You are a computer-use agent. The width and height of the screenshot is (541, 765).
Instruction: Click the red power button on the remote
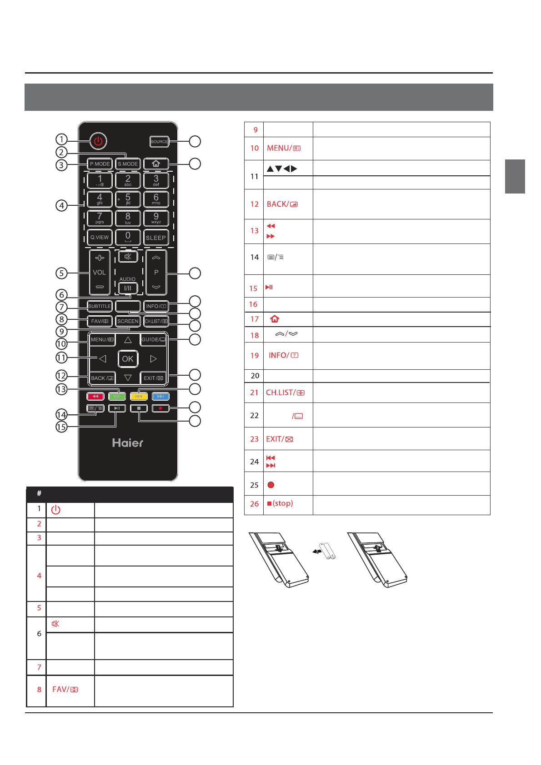(x=98, y=141)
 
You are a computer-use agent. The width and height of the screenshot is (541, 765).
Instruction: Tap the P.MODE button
(x=100, y=164)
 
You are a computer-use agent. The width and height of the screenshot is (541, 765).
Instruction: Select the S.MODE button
(x=128, y=164)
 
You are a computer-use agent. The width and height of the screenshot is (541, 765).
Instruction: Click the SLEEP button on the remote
(x=156, y=238)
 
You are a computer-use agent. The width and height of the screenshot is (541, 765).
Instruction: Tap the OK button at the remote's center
(x=128, y=359)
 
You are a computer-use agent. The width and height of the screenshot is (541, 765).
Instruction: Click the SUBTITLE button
(x=100, y=306)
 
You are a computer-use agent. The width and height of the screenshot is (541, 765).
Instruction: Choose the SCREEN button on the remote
(x=128, y=321)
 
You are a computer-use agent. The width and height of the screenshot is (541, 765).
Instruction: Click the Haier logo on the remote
(x=128, y=443)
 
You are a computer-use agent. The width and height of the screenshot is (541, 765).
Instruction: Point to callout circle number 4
(x=61, y=205)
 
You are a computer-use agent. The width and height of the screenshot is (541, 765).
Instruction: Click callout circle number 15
(x=61, y=427)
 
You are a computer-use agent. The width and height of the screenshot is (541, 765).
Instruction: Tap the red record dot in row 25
(x=271, y=485)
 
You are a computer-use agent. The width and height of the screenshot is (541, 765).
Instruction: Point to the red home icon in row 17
(x=275, y=319)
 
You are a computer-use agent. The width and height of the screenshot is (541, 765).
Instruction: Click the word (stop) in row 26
(x=283, y=503)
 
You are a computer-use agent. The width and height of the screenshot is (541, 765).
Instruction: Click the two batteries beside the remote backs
(x=326, y=551)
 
